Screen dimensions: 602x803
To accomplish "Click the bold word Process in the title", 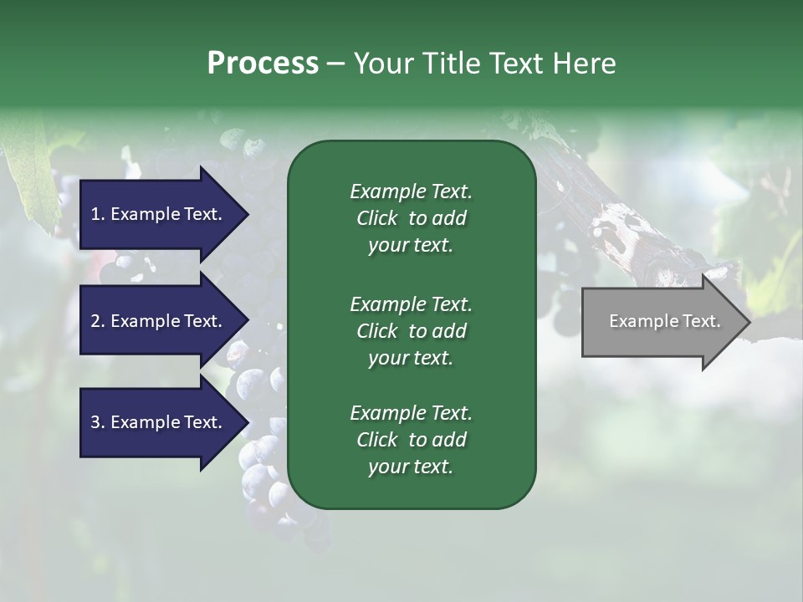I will click(x=263, y=64).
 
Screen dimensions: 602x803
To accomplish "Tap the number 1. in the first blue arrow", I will click(x=98, y=214).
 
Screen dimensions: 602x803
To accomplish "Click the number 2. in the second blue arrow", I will click(x=98, y=321).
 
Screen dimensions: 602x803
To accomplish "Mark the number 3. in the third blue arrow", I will click(x=98, y=422).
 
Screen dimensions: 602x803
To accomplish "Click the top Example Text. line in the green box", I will click(x=411, y=191).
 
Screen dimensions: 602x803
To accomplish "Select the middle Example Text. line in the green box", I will click(x=411, y=304).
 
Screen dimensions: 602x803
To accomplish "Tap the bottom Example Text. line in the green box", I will click(x=411, y=413).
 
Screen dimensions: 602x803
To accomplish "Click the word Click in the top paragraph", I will click(x=376, y=218).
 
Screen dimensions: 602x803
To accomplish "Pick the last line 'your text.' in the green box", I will click(x=411, y=467).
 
